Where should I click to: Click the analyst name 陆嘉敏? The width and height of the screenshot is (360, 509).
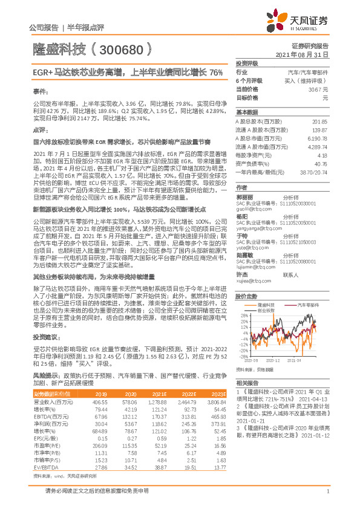pos(244,238)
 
